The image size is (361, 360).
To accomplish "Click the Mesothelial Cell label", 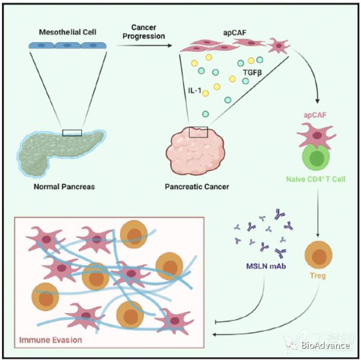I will pos(68,32).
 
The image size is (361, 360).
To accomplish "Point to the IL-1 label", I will pos(194,91).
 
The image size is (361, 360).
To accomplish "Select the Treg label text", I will pos(316,276).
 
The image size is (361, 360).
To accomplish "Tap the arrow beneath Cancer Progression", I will pos(147,45).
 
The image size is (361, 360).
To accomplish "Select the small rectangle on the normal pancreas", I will pos(72,133).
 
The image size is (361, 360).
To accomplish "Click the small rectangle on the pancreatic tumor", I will pos(198,132).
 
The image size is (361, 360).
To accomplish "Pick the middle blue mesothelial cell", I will pos(68,45).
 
